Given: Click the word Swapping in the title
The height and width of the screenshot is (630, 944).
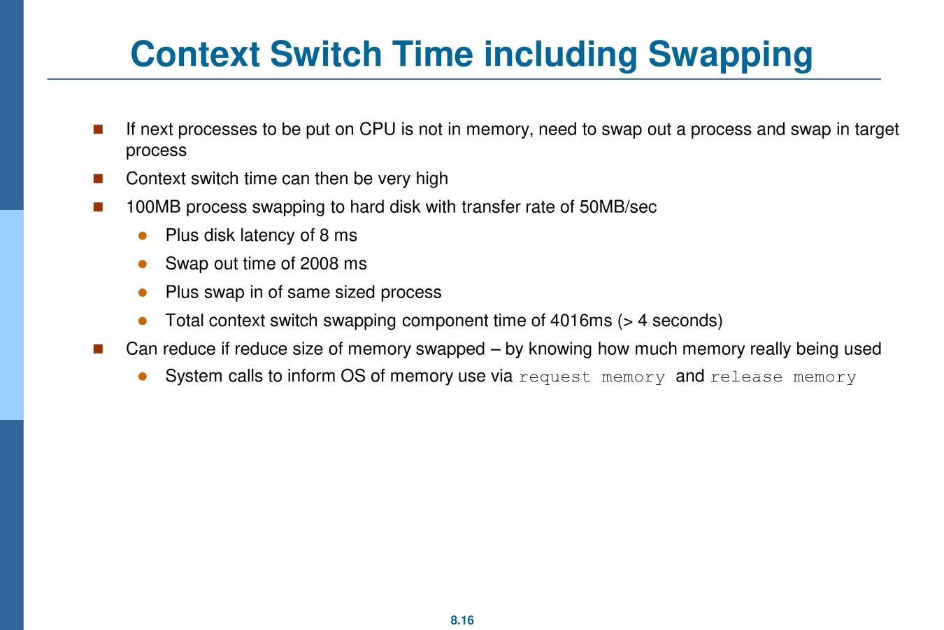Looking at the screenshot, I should (x=730, y=55).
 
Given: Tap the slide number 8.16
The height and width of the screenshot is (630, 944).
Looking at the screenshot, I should (x=462, y=620).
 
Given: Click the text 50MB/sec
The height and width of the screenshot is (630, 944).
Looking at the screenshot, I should (x=618, y=207).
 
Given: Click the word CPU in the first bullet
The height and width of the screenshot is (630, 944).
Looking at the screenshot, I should (x=378, y=129).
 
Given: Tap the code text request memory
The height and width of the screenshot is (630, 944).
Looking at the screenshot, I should (x=592, y=377).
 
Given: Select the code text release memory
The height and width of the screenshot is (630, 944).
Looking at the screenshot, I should (x=783, y=377).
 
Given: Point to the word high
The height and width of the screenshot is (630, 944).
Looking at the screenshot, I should (x=431, y=178).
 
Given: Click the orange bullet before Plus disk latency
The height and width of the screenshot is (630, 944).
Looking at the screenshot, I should (x=143, y=236).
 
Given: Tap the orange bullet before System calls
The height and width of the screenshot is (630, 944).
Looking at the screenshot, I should (x=143, y=377).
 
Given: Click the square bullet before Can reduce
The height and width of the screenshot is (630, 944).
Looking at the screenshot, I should (x=98, y=349).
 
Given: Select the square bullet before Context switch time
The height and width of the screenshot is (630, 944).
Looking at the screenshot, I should (x=98, y=178).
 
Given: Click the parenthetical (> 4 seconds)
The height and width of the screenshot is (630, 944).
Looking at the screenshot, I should (x=670, y=321).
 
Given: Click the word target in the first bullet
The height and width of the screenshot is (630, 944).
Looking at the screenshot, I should (x=877, y=129).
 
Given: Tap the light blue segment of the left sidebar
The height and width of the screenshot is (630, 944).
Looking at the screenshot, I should (x=11, y=315).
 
